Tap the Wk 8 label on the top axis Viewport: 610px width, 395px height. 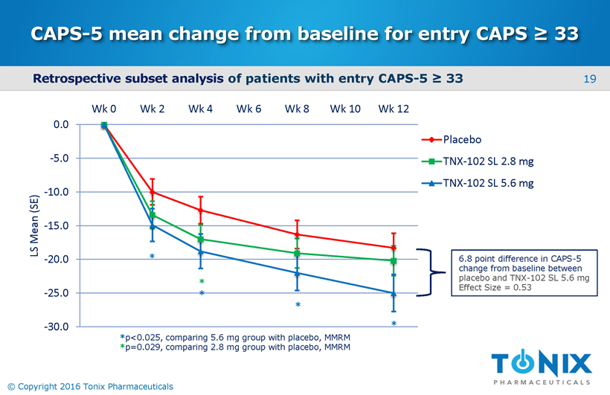(297, 109)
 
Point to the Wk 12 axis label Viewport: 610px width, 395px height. (394, 109)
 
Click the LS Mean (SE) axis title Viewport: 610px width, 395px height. (34, 225)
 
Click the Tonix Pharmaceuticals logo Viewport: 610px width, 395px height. (541, 367)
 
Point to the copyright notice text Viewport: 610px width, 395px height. (89, 387)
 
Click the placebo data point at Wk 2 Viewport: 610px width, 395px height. (152, 192)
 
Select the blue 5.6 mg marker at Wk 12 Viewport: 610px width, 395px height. (394, 294)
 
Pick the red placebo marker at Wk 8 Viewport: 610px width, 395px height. (297, 235)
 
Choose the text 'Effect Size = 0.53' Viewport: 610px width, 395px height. (495, 287)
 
